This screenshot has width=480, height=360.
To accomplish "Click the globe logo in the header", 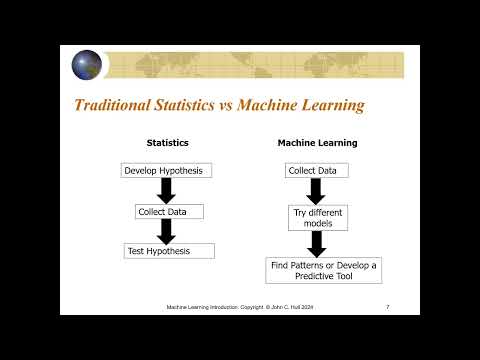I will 87,64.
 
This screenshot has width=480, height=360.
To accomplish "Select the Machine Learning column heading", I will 317,143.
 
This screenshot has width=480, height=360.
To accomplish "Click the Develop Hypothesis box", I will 163,171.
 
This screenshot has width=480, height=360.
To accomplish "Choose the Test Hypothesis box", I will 169,251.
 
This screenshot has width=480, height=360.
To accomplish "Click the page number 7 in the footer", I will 387,306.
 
